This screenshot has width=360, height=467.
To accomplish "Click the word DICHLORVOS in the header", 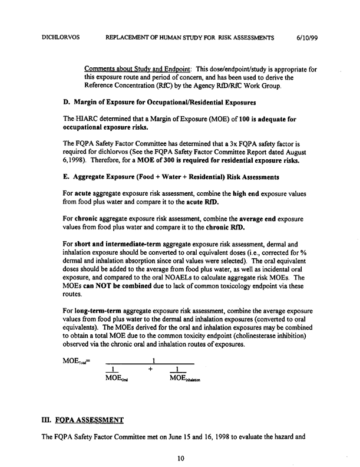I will tap(61, 37).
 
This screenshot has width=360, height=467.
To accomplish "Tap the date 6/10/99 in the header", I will tap(309, 37).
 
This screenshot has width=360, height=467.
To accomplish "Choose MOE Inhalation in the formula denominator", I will tap(184, 378).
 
